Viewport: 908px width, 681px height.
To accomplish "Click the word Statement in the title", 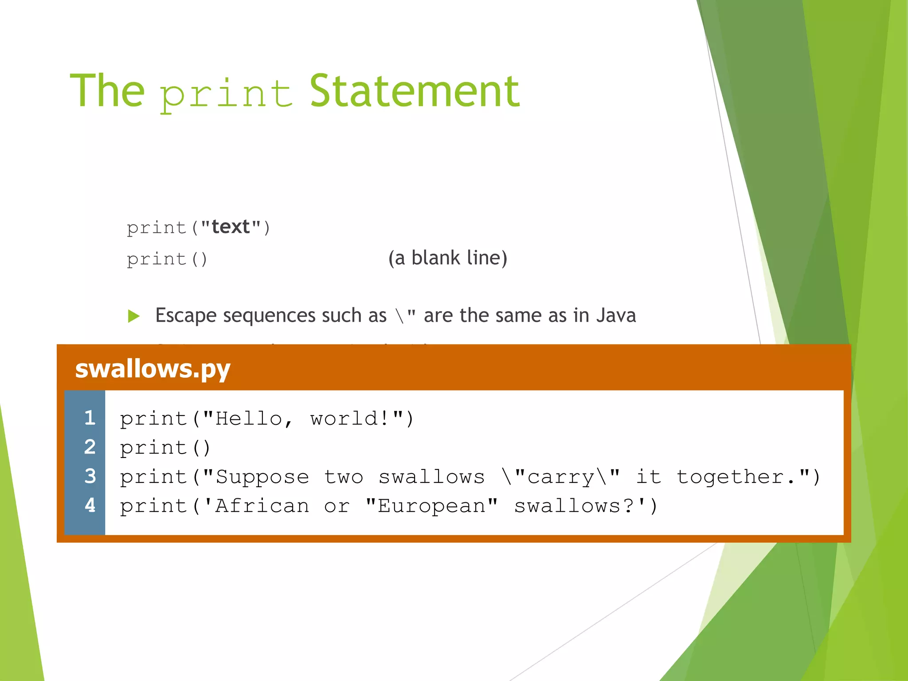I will [414, 91].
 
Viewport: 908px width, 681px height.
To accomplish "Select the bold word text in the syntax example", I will [231, 227].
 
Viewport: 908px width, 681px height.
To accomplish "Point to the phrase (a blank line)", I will [447, 258].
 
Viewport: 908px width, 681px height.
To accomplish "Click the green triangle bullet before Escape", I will [133, 316].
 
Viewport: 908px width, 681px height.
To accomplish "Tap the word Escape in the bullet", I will [186, 316].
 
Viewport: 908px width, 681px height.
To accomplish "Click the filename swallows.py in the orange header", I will [153, 368].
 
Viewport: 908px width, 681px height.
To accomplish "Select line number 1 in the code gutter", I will [90, 418].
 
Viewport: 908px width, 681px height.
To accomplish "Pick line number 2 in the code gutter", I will [90, 447].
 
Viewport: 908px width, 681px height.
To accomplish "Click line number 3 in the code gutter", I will [90, 476].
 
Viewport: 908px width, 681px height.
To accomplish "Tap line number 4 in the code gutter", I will [90, 505].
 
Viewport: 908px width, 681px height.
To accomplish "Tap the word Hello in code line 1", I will [249, 419].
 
